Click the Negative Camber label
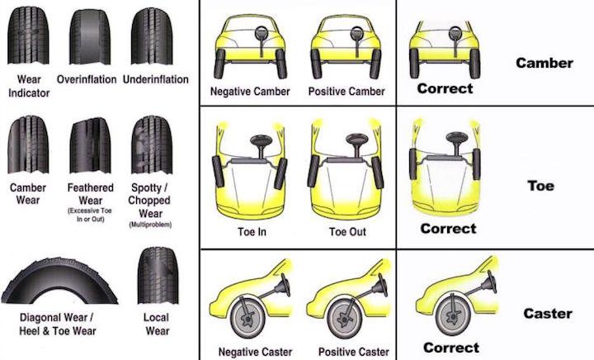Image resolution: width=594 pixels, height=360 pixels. click(x=250, y=91)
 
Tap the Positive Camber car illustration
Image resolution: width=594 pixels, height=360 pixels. click(x=345, y=50)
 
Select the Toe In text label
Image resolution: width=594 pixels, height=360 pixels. click(x=251, y=232)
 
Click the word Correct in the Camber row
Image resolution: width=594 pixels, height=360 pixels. click(x=445, y=88)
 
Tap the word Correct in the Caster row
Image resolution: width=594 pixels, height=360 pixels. click(x=450, y=348)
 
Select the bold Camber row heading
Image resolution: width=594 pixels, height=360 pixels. click(x=544, y=63)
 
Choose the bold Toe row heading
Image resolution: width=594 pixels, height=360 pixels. click(x=540, y=186)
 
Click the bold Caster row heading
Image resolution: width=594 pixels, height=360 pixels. click(x=547, y=314)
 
